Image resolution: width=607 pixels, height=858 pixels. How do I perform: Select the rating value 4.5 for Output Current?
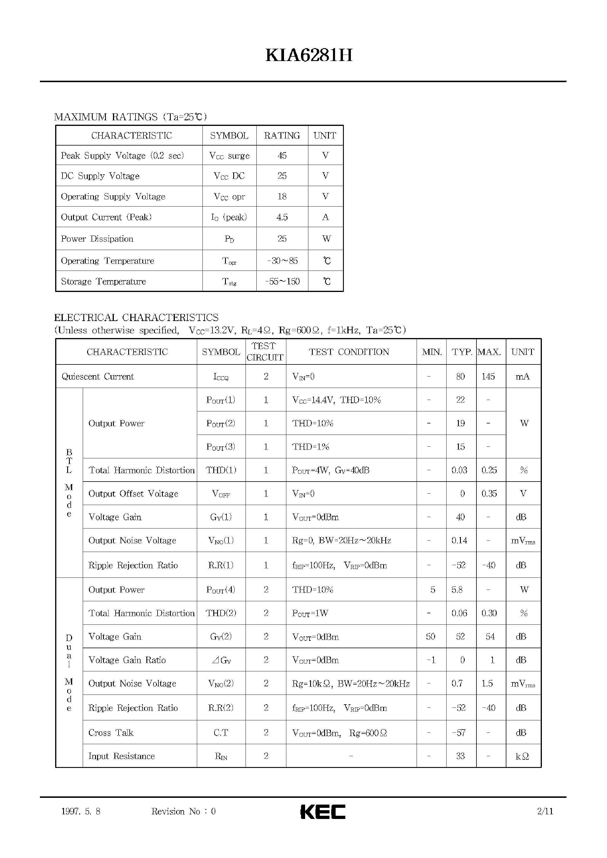click(x=282, y=217)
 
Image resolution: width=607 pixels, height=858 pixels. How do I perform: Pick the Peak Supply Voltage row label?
click(x=122, y=156)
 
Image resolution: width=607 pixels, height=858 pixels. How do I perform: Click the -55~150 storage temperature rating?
click(x=282, y=281)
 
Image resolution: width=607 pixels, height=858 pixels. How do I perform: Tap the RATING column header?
click(x=282, y=135)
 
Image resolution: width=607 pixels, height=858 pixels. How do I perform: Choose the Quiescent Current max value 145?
click(x=488, y=376)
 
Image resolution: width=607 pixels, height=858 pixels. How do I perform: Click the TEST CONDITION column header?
click(x=349, y=352)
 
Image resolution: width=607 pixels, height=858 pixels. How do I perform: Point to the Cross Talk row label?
click(x=111, y=732)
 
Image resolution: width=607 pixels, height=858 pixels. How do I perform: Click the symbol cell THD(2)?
click(x=221, y=613)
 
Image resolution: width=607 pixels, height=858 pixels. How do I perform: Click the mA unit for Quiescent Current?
click(x=523, y=376)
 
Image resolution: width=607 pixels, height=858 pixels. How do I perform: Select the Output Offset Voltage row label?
click(x=133, y=494)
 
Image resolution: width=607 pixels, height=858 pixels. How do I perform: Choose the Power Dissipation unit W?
click(x=326, y=239)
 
